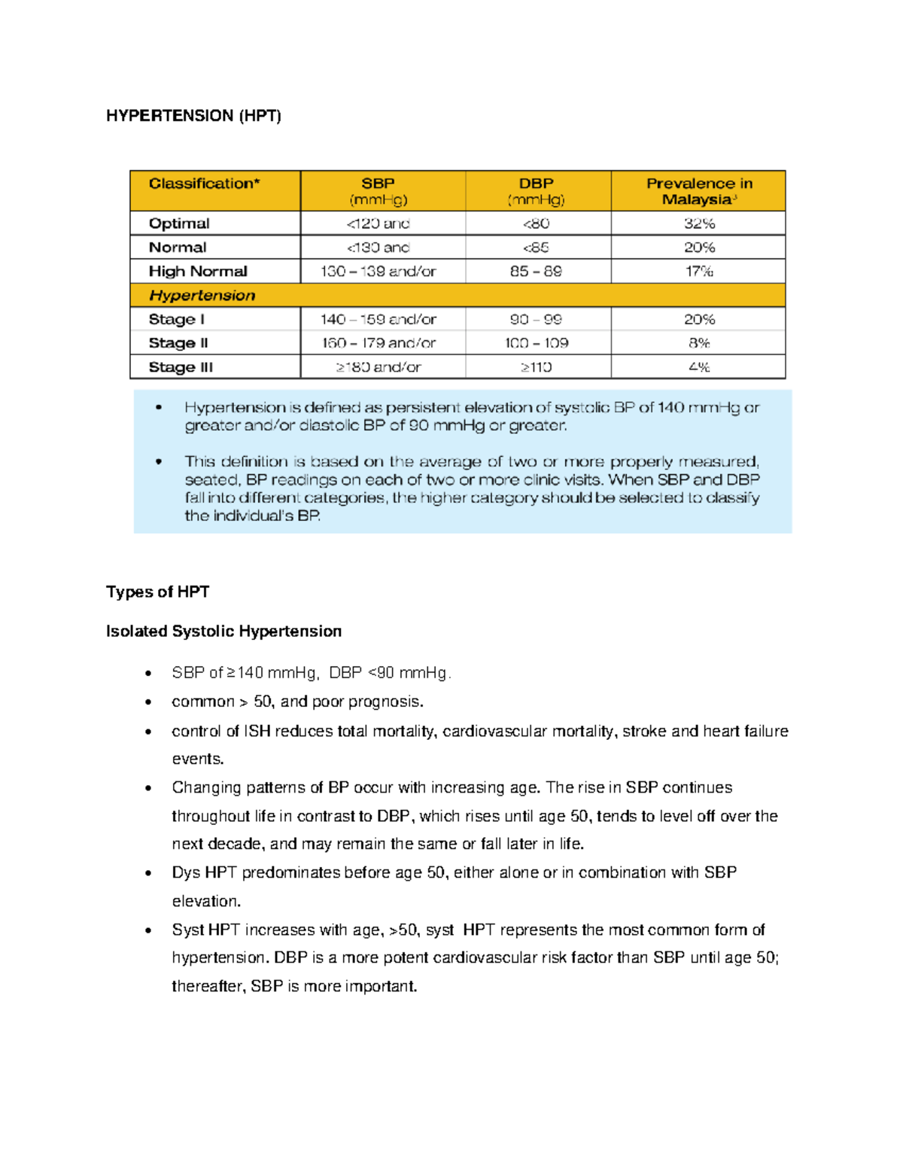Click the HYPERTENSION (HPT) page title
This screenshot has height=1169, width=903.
coord(193,116)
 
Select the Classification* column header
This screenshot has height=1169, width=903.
coord(204,184)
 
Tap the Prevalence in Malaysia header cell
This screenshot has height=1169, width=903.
coord(699,191)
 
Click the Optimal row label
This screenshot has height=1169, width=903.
coord(179,224)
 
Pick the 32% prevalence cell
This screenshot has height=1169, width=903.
coord(699,224)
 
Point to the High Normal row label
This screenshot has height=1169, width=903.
coord(198,271)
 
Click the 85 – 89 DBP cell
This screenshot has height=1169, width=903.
coord(536,271)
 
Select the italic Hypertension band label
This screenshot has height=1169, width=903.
coord(202,295)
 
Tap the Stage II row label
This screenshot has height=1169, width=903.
coord(178,343)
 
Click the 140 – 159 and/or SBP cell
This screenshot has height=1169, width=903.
coord(378,319)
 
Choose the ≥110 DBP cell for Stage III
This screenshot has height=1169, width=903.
coord(536,367)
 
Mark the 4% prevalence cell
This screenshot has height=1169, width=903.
coord(699,367)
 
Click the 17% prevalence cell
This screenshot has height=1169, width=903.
coord(699,271)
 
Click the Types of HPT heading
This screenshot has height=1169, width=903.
coord(157,592)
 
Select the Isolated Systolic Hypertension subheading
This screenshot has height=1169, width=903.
coord(223,632)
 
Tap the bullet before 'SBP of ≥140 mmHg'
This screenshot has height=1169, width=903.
coord(149,674)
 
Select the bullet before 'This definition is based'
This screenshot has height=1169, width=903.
coord(159,461)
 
